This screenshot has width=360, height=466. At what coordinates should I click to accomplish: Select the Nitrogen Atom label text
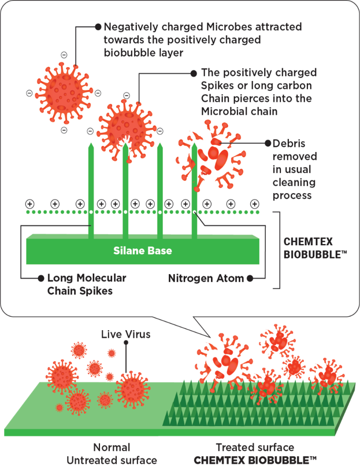[x=206, y=278]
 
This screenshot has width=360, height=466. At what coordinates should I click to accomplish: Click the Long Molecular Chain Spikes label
[x=87, y=284]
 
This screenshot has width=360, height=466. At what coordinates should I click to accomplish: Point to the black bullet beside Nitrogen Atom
[x=250, y=278]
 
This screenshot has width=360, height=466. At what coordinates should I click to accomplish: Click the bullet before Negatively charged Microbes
[x=98, y=27]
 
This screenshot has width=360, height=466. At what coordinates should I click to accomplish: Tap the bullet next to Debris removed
[x=268, y=143]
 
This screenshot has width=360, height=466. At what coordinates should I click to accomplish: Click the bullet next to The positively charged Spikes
[x=194, y=73]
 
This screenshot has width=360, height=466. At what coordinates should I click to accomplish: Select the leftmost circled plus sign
[x=29, y=204]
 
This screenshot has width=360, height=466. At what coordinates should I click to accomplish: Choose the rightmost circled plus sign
[x=254, y=204]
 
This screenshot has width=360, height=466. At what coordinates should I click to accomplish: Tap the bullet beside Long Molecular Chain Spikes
[x=40, y=278]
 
